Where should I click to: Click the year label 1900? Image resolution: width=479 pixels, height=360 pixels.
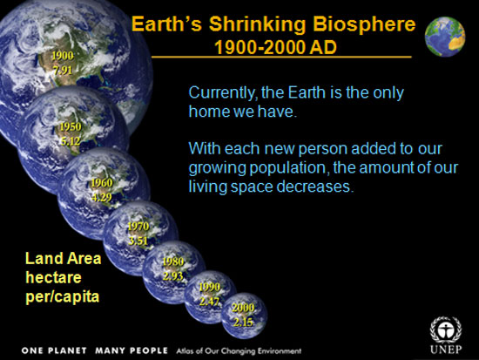63,56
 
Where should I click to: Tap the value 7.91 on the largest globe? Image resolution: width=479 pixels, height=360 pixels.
63,71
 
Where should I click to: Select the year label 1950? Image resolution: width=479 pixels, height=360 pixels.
71,126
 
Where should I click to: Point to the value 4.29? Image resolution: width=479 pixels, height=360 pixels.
101,197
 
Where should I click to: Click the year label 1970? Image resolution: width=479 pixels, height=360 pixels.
138,227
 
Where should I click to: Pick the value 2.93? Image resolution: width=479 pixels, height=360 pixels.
173,276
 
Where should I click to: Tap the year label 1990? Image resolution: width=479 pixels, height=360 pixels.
209,287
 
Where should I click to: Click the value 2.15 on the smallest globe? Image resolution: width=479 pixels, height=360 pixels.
244,322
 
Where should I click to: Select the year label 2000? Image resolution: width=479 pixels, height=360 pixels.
243,308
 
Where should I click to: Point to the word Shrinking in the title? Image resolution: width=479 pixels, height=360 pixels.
257,24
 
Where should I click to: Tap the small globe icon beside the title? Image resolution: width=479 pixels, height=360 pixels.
445,37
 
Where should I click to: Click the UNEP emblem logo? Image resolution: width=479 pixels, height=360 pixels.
446,330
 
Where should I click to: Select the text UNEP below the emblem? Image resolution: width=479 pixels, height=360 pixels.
446,349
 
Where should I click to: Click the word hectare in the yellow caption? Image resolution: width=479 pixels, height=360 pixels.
53,277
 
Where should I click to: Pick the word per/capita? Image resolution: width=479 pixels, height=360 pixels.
63,296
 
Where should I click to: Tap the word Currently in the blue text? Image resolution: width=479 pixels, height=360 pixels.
221,92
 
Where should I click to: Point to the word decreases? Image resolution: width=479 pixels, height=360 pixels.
315,187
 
